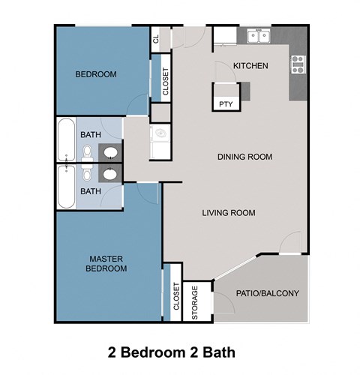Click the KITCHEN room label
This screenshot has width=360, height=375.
tap(250, 66)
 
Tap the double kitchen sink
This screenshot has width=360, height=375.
tap(259, 36)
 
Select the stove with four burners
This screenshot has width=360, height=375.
tap(298, 65)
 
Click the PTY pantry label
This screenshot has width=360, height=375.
tap(225, 105)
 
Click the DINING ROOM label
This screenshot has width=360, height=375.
tap(244, 157)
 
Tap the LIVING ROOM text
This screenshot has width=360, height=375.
tap(229, 213)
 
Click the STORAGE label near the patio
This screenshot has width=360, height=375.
tap(195, 302)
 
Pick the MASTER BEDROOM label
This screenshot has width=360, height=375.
tap(105, 263)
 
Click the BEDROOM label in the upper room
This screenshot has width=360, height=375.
tap(96, 74)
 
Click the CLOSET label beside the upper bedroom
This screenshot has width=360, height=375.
tap(165, 83)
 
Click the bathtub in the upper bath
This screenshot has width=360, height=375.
tap(65, 139)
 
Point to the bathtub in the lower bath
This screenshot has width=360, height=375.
tap(65, 187)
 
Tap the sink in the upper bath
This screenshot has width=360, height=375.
tap(112, 152)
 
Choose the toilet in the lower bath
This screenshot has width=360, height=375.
tap(88, 175)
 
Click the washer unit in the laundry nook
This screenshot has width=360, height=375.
tap(160, 135)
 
